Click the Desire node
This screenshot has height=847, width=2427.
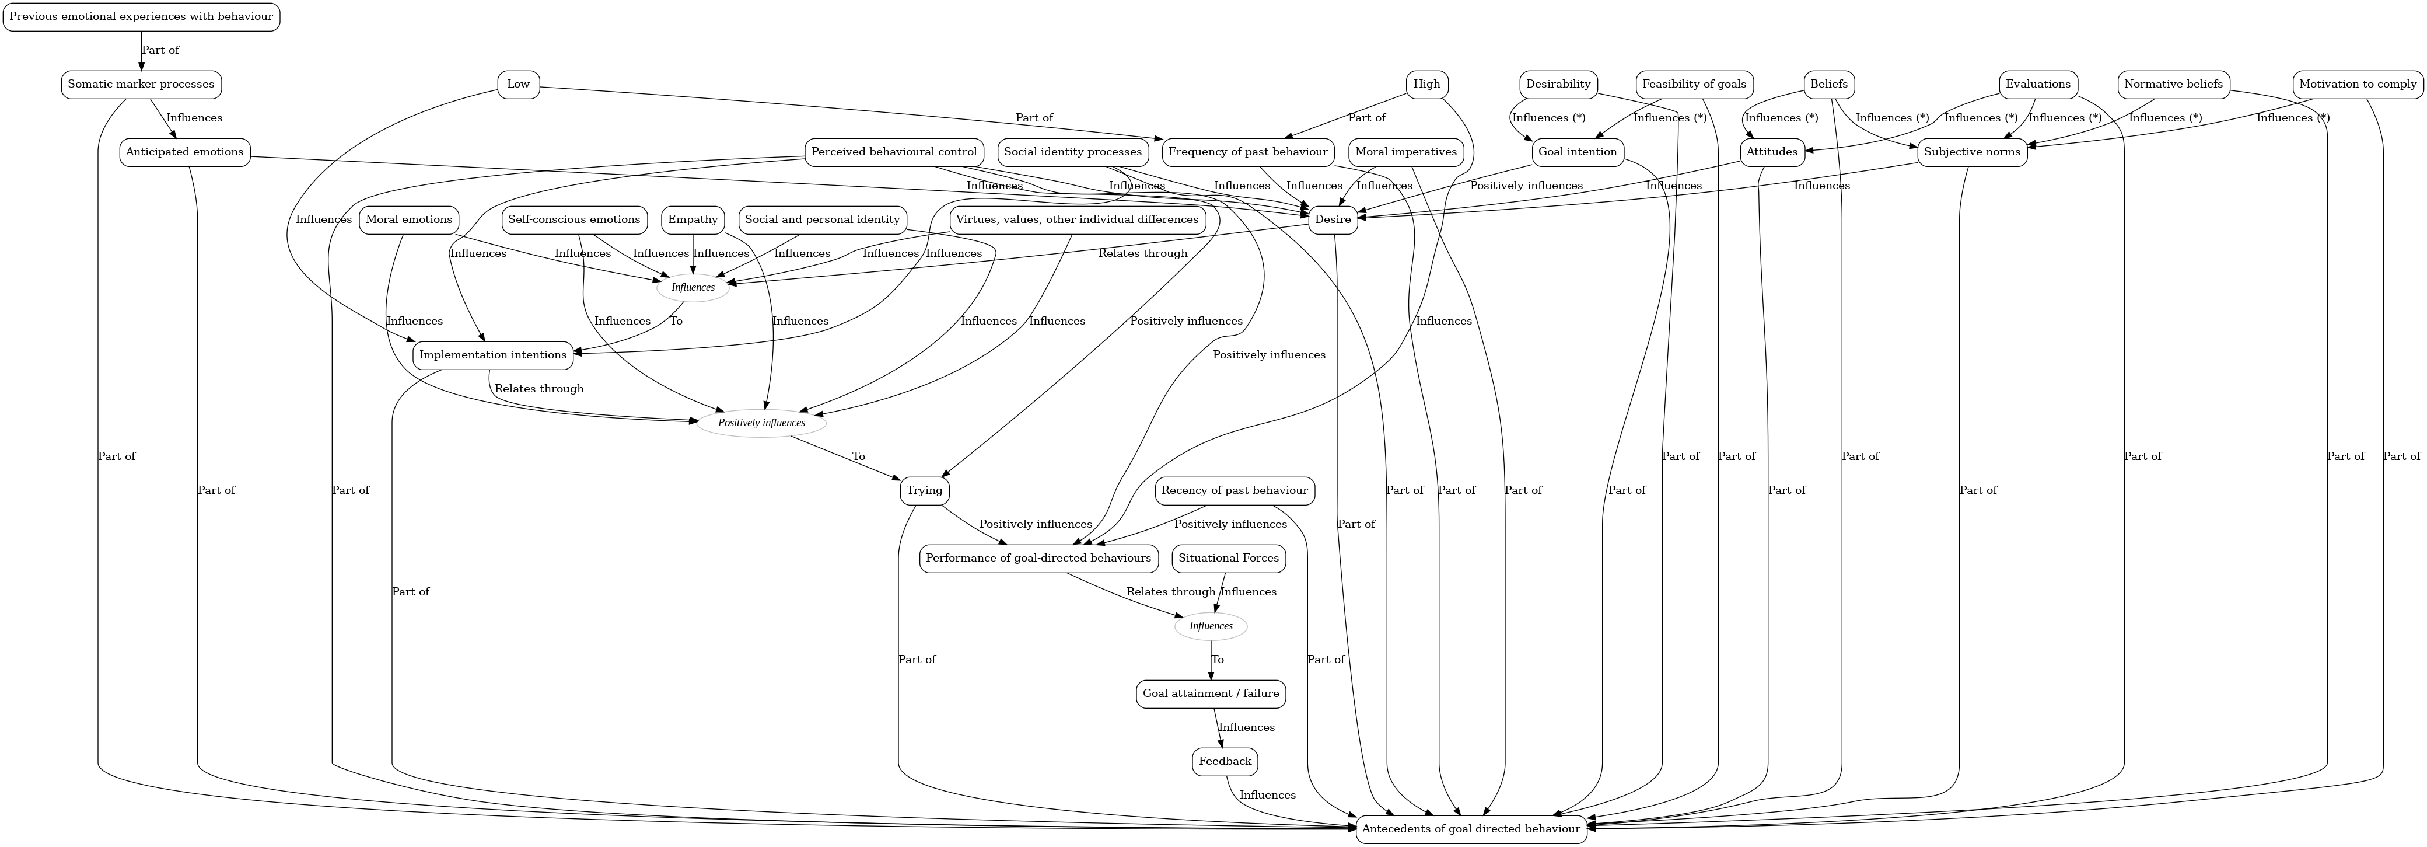[1332, 219]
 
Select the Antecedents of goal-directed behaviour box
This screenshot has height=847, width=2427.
[1471, 829]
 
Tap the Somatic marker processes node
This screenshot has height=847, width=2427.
[141, 84]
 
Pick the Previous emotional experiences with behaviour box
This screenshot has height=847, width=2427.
[141, 16]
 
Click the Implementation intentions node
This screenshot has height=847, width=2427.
[493, 355]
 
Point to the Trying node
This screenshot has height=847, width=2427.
[924, 491]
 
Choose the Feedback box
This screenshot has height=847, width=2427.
[1225, 761]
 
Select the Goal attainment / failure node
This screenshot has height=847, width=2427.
[1211, 693]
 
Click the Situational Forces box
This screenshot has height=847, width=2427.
[1229, 557]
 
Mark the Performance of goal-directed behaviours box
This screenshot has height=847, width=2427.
[1038, 557]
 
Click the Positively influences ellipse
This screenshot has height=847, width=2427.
[761, 423]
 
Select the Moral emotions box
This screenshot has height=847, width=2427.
[409, 219]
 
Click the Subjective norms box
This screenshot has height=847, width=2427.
[1972, 152]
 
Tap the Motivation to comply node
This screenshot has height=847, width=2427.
[2357, 84]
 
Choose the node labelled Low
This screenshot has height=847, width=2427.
[518, 84]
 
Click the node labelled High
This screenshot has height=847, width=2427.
[1426, 84]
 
